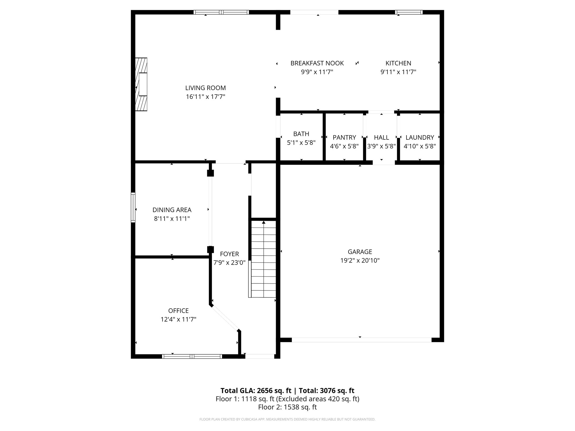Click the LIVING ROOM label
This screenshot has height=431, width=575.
[x=205, y=88]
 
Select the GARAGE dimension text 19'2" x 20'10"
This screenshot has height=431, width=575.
[x=360, y=260]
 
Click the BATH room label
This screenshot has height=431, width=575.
[x=301, y=134]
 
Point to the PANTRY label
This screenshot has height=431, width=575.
[x=344, y=137]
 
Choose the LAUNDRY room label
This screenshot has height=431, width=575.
[x=419, y=137]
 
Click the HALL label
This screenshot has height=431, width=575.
[x=381, y=137]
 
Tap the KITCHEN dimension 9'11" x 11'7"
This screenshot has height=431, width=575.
[x=398, y=72]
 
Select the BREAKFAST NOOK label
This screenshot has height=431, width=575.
[x=317, y=63]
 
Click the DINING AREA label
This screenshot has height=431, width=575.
[x=172, y=210]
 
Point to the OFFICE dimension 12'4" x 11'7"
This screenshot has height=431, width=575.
[x=178, y=319]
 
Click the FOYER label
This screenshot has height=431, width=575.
[x=229, y=254]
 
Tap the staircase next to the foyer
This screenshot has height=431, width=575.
[x=263, y=260]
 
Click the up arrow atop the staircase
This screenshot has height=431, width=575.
[x=264, y=222]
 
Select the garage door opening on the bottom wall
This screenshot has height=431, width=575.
[x=361, y=340]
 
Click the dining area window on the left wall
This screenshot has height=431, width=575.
[x=133, y=208]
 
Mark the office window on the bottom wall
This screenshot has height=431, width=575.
[x=192, y=356]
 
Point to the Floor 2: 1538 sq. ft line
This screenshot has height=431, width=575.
[x=287, y=407]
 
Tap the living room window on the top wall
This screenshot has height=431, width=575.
[x=221, y=12]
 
